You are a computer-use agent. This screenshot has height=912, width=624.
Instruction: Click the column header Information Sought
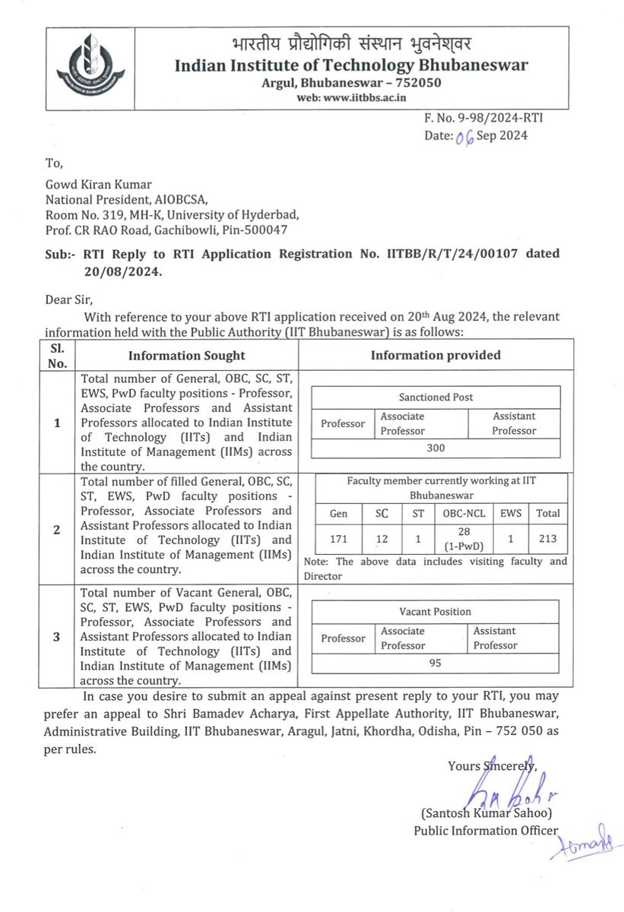[186, 355]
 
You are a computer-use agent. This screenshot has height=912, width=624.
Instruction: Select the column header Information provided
[436, 355]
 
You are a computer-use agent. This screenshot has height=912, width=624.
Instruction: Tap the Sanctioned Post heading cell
[436, 397]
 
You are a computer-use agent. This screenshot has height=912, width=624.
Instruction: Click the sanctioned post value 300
[436, 448]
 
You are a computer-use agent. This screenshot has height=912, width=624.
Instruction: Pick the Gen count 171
[339, 538]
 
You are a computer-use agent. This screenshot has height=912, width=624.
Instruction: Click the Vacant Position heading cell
[436, 611]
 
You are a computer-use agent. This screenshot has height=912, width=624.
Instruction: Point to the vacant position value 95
[436, 662]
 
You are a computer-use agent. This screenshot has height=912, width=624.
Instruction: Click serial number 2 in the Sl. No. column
[58, 530]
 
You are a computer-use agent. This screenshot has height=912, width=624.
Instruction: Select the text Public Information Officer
[486, 831]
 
